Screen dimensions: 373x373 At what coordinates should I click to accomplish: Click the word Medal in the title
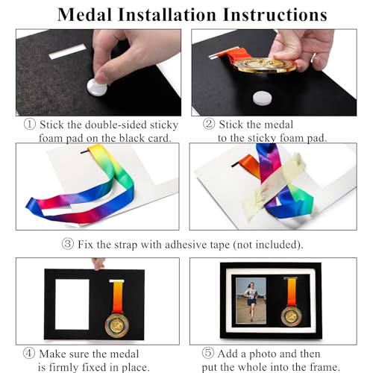(x=87, y=14)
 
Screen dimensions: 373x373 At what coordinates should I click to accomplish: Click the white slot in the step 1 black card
(x=68, y=54)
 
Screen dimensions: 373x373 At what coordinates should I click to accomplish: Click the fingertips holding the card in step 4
(x=98, y=263)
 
